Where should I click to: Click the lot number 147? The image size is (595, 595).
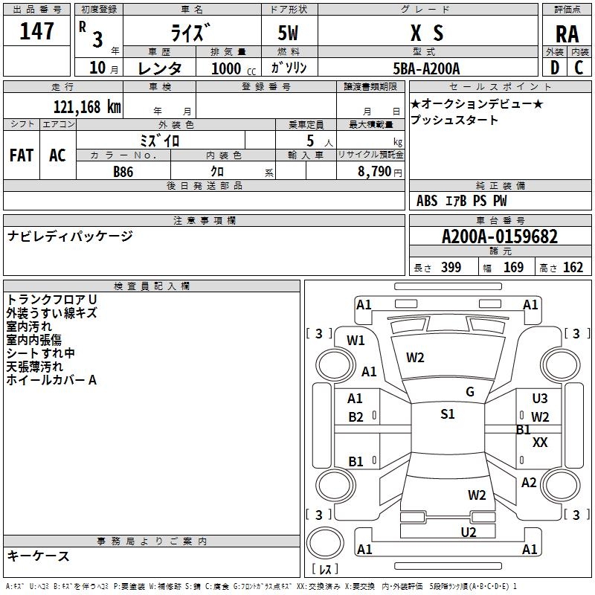coord(37,31)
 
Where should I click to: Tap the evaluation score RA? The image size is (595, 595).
coord(567,34)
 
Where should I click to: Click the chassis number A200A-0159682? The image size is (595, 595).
coord(500,237)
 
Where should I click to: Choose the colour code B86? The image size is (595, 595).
coord(123,171)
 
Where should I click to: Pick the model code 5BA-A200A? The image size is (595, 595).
coord(426,68)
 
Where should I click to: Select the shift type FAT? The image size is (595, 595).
coord(22,155)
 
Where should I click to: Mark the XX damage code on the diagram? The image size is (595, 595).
coord(541,443)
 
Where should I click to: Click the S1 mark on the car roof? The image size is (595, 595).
coord(448,414)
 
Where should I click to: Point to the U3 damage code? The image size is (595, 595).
coord(540,399)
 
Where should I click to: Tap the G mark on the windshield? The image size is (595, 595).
coord(470,392)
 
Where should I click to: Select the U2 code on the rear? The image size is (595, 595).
coord(469,532)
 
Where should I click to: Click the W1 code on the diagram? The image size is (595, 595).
coord(356,341)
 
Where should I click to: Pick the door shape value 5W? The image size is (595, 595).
coord(289,34)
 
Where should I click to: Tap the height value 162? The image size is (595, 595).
coord(573,268)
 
